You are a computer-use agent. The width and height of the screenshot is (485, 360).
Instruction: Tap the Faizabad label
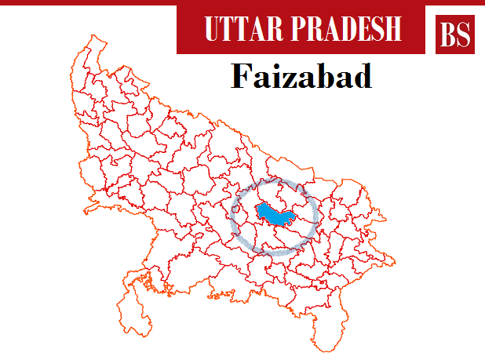click(301, 78)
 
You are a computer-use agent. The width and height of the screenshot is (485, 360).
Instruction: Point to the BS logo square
click(456, 33)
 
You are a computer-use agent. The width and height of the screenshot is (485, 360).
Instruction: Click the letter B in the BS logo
click(448, 34)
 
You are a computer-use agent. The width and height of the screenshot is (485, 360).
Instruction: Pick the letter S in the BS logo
click(465, 34)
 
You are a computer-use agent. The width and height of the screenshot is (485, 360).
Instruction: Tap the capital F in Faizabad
click(240, 78)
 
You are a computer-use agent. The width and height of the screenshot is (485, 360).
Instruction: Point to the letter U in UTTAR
click(211, 29)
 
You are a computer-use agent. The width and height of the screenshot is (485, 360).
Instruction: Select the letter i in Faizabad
click(268, 78)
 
